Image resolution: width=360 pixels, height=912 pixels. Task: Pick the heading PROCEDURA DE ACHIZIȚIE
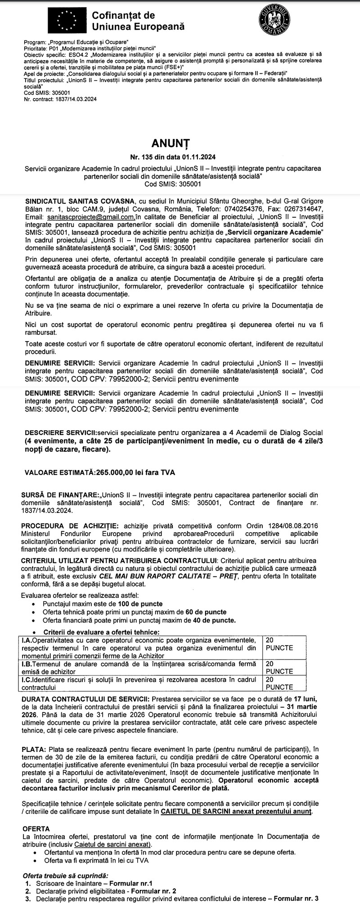tap(63, 526)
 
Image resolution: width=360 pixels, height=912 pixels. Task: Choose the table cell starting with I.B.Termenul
tap(139, 667)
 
